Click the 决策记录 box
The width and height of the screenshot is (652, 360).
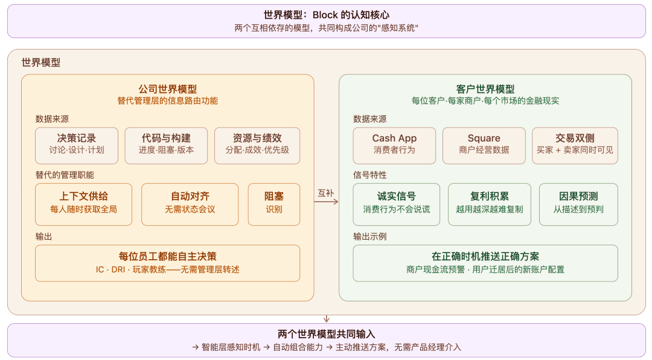point(77,146)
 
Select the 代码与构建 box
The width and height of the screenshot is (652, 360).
point(166,146)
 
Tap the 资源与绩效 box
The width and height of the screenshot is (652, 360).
point(257,146)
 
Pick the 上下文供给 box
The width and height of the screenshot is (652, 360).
point(83,204)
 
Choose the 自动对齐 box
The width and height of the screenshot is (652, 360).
point(190,204)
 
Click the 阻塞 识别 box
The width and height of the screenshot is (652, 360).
point(274,204)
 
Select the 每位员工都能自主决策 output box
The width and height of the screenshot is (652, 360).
point(168,263)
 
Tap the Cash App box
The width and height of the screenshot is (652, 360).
point(394,146)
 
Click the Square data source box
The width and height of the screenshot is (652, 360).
point(484,146)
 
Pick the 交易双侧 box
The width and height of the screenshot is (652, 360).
point(575,146)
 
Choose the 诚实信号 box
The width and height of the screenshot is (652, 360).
point(396,204)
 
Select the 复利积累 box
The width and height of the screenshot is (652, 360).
point(490,204)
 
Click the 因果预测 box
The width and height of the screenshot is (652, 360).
point(578,204)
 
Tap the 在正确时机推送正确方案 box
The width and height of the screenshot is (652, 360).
point(485,263)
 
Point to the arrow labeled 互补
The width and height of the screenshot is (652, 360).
point(326,202)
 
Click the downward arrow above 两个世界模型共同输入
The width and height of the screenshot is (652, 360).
point(327,319)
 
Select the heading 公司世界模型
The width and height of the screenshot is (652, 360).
point(168,89)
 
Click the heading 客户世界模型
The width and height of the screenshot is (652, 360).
point(485,89)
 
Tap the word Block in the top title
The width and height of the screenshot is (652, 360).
point(325,15)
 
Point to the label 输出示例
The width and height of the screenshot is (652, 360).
point(369,236)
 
